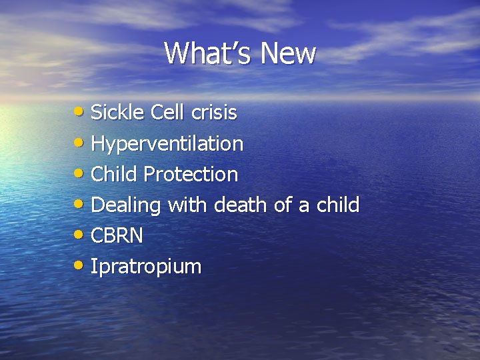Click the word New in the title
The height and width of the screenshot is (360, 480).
289,53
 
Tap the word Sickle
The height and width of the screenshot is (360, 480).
117,113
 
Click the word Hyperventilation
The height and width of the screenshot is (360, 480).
167,144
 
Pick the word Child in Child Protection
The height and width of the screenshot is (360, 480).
114,175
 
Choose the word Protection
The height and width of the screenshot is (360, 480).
191,175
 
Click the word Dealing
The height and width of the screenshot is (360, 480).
125,206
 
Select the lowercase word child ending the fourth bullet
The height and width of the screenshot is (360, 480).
337,205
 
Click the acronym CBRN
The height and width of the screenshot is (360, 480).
117,236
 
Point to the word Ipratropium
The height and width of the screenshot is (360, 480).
145,267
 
